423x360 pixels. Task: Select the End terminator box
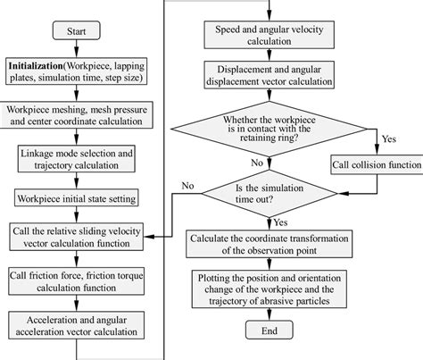268,331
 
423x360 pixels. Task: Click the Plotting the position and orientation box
268,291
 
